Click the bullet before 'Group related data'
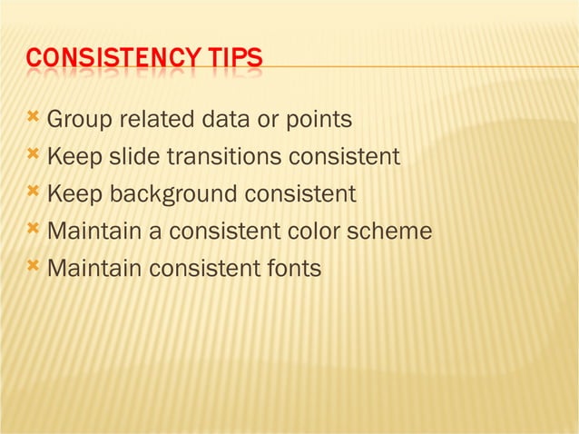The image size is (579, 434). click(34, 117)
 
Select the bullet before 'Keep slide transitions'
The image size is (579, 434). click(34, 154)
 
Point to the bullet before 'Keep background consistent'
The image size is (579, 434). click(34, 192)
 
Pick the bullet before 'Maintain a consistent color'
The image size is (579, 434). click(34, 229)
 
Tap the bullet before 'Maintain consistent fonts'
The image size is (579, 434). click(34, 266)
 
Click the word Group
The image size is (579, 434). click(76, 120)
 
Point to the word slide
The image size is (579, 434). click(133, 157)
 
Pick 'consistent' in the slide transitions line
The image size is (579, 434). click(344, 157)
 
